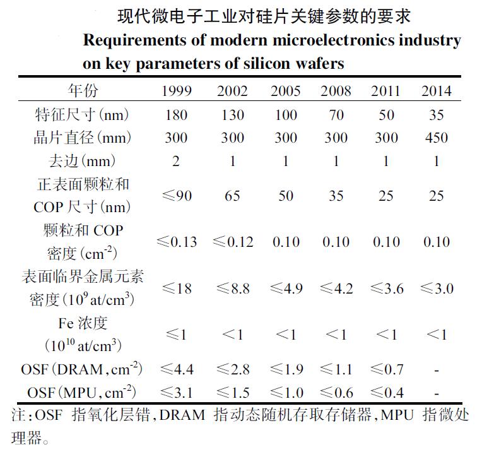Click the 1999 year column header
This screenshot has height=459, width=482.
177,91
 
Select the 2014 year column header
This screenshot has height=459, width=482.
437,91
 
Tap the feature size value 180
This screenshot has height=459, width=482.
176,115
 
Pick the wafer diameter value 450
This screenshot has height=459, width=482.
436,138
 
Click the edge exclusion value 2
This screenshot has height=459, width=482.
176,162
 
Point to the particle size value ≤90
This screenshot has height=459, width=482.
176,196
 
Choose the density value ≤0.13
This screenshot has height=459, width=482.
176,242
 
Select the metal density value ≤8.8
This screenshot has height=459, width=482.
232,289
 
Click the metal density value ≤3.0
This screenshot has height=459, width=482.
436,289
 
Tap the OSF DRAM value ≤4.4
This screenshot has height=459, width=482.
176,369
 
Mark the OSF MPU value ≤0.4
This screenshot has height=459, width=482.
386,393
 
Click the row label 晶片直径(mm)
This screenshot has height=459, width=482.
83,138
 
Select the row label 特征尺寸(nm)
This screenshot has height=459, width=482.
83,115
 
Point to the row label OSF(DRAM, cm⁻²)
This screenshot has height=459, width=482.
83,369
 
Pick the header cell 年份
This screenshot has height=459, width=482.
83,91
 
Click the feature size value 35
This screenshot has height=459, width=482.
436,115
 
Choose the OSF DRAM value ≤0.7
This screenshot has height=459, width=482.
386,369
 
